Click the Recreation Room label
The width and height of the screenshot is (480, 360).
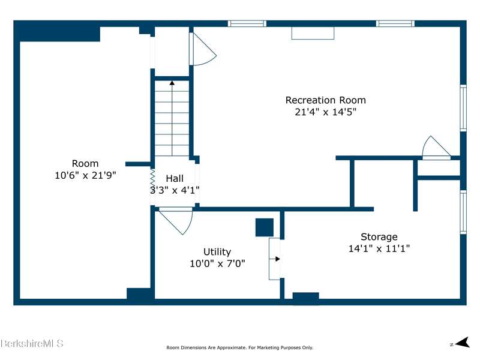coord(325,100)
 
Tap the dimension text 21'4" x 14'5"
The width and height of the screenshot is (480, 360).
coord(326,112)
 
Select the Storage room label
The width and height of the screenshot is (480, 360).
coord(379,237)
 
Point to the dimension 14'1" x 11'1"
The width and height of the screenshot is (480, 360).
coord(379,248)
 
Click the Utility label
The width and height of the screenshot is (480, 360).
coord(217,252)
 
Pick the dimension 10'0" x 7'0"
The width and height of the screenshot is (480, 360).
coord(217,263)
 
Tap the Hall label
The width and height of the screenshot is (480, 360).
coord(175,178)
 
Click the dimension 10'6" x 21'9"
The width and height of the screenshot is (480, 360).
coord(85,175)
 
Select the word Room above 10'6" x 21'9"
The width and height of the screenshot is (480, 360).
coord(85,163)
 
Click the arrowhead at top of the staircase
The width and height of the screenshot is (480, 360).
coord(172,83)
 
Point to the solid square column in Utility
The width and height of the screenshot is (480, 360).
coord(265,227)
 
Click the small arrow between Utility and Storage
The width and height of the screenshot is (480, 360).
coord(275,259)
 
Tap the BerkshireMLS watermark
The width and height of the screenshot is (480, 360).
coord(32,343)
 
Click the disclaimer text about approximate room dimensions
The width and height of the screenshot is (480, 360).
coord(239,348)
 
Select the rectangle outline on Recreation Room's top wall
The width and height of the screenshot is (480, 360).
coord(313,34)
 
